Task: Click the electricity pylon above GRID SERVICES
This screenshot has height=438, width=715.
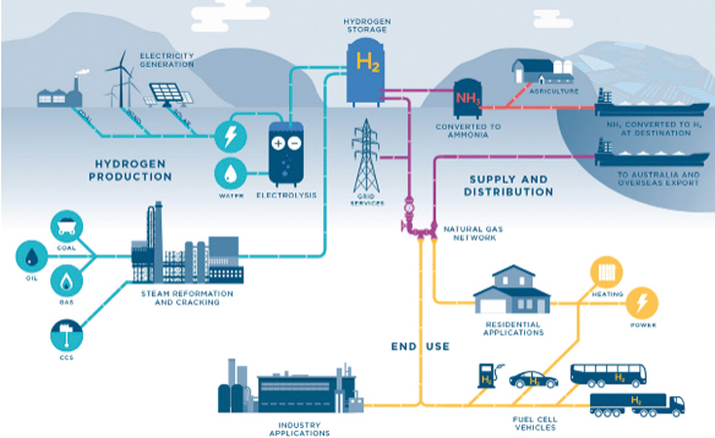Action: [365, 156]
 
